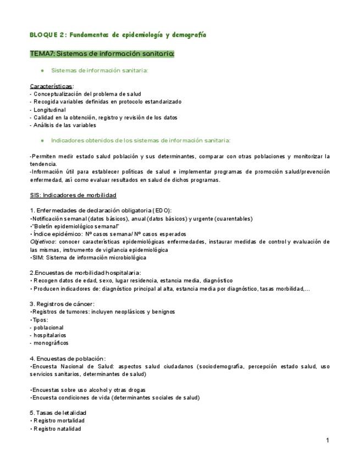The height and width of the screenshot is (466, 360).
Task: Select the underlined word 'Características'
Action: click(x=51, y=86)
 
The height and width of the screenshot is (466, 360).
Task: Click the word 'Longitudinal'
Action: click(x=49, y=110)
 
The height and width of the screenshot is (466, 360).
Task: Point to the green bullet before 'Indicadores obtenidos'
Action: click(x=42, y=141)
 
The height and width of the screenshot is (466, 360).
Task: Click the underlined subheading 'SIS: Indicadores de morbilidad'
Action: click(x=73, y=195)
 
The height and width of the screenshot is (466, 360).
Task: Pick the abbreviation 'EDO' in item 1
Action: click(x=162, y=210)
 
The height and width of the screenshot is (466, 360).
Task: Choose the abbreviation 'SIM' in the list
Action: click(x=37, y=257)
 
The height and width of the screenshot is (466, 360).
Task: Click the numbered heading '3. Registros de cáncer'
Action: click(x=62, y=304)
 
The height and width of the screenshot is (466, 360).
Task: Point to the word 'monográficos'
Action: click(x=51, y=343)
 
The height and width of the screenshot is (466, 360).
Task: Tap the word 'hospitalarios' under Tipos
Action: click(x=49, y=335)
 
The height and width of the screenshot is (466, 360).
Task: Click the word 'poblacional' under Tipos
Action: click(x=48, y=327)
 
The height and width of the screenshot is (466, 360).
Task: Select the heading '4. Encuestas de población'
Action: click(x=68, y=358)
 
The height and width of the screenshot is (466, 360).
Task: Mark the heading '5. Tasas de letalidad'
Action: click(x=58, y=413)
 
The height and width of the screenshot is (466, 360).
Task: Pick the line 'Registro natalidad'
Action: click(x=57, y=429)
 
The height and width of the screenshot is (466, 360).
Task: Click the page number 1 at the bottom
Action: click(x=327, y=440)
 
